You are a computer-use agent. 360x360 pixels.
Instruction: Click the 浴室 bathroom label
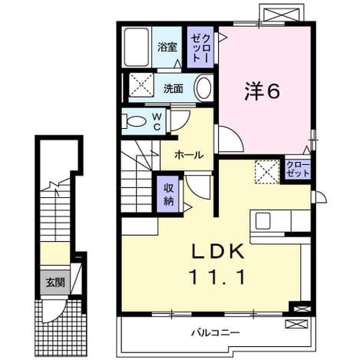pos(167,47)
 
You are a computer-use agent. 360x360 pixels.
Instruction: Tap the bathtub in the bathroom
pos(137,47)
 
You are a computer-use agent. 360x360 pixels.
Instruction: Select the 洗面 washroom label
pos(173,88)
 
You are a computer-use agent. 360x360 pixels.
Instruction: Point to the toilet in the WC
pos(134,121)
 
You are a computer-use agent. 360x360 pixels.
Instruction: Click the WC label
pos(157,121)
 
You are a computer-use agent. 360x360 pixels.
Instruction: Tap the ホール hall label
pos(189,155)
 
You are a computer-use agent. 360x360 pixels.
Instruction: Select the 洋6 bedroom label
pos(262,91)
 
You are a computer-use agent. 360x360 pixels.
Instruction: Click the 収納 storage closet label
pos(168,194)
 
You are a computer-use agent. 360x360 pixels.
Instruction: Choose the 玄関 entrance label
pos(55,282)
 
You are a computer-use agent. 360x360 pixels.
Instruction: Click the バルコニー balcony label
pos(216,332)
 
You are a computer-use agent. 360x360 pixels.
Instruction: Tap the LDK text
pos(218,252)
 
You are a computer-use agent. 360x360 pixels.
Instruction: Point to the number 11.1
pos(217,278)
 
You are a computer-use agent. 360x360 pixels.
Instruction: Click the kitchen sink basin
pos(263,220)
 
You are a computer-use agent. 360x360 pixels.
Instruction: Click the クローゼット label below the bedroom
pos(298,169)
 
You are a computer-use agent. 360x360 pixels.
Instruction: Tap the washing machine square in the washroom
pos(141,84)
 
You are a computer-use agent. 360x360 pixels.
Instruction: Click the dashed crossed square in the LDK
pos(267,171)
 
